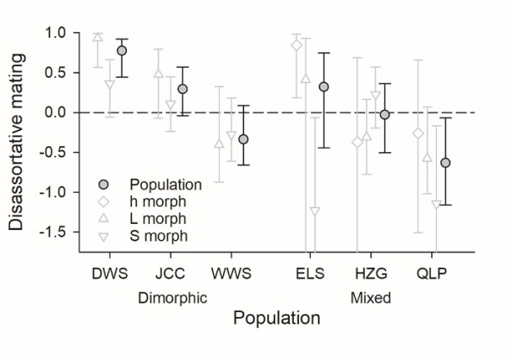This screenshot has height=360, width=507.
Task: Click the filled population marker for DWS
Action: pos(122,51)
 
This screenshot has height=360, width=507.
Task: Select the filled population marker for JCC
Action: pos(183,89)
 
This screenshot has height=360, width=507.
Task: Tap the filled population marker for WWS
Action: pos(243,139)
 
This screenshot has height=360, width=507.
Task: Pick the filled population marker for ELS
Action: pos(324,87)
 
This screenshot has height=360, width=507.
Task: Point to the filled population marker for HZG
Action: pos(384,114)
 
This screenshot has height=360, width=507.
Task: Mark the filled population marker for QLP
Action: pos(445,162)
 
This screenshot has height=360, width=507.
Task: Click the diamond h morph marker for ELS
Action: pos(296,45)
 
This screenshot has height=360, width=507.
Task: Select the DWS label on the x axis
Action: pos(109,275)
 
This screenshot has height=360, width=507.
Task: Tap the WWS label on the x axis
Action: pos(231,275)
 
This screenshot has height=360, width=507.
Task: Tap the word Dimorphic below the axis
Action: pos(172,297)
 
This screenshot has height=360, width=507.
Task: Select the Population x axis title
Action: pos(276,319)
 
